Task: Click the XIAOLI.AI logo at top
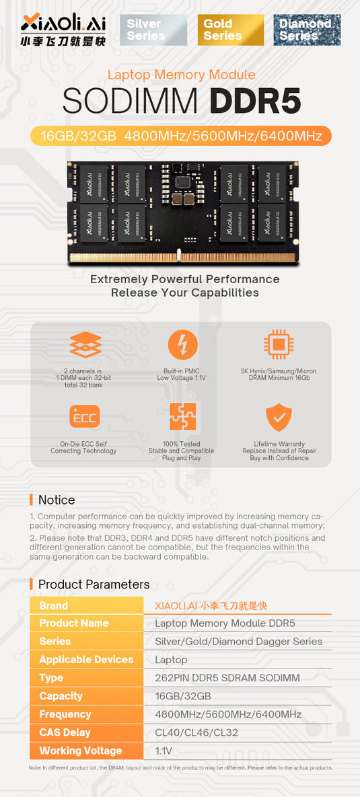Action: pyautogui.click(x=63, y=30)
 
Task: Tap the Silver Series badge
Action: pyautogui.click(x=153, y=30)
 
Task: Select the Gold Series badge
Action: pyautogui.click(x=230, y=30)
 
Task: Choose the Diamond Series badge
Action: pyautogui.click(x=307, y=30)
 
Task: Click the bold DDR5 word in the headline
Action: pyautogui.click(x=255, y=101)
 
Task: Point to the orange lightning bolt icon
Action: pyautogui.click(x=182, y=345)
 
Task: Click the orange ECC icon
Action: pyautogui.click(x=84, y=417)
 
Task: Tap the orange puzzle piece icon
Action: pyautogui.click(x=182, y=417)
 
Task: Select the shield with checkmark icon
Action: pyautogui.click(x=279, y=417)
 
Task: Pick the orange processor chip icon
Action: pyautogui.click(x=279, y=345)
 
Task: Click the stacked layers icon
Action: pyautogui.click(x=85, y=345)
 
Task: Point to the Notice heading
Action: pyautogui.click(x=57, y=500)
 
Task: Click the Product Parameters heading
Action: pyautogui.click(x=94, y=584)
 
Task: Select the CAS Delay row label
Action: pyautogui.click(x=65, y=732)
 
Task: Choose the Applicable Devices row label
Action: pyautogui.click(x=86, y=660)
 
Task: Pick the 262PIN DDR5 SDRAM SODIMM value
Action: pyautogui.click(x=227, y=678)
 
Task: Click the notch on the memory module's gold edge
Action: pyautogui.click(x=179, y=256)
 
